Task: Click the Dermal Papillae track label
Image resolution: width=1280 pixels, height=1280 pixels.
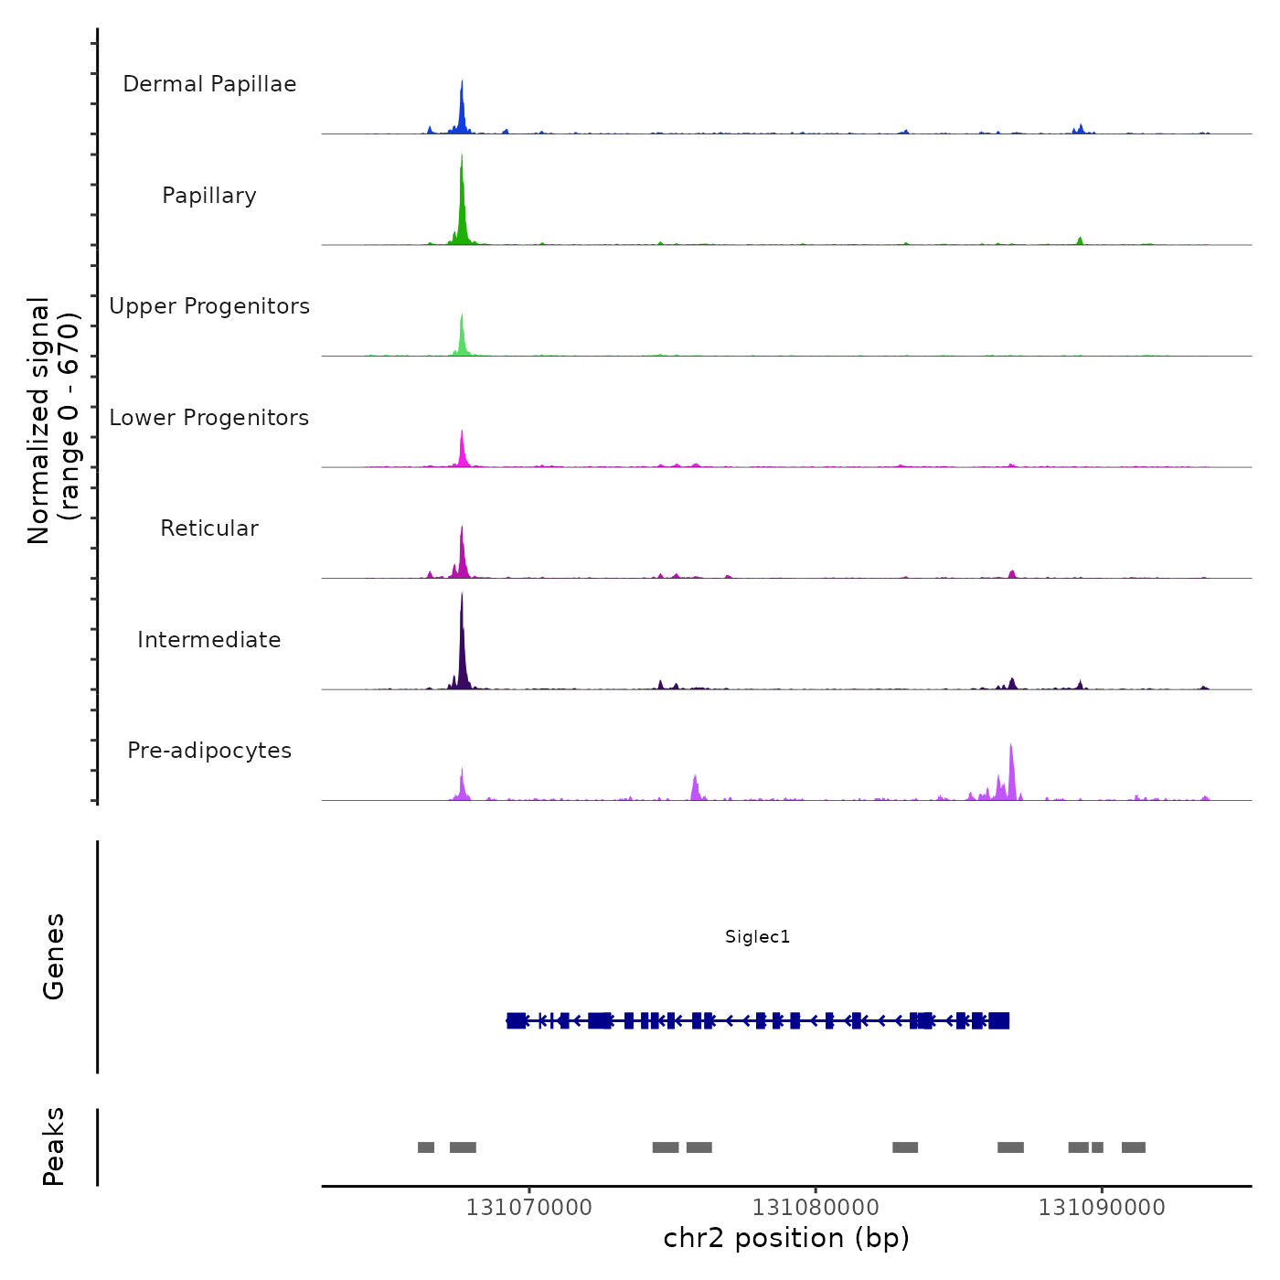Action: tap(209, 84)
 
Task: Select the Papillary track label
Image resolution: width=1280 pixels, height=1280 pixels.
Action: tap(209, 196)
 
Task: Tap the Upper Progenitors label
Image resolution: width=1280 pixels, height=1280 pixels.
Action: tap(209, 306)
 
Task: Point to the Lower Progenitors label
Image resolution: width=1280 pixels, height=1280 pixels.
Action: tap(209, 418)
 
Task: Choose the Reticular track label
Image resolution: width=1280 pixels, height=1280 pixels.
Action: tap(209, 528)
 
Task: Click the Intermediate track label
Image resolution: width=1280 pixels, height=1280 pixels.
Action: tap(209, 640)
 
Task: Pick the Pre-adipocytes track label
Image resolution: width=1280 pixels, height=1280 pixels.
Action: tap(209, 751)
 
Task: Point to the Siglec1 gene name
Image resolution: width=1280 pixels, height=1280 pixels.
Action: tap(757, 936)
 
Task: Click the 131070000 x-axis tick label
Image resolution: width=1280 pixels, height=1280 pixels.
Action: tap(528, 1208)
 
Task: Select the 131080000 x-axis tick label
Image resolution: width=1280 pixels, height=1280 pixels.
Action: tap(816, 1208)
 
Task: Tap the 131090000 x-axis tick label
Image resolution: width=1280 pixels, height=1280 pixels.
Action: tap(1102, 1208)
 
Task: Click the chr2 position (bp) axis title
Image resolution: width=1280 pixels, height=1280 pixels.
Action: tap(786, 1238)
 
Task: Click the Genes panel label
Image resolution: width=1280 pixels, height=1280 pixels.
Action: tap(54, 956)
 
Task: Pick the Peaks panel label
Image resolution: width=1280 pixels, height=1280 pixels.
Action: tap(54, 1147)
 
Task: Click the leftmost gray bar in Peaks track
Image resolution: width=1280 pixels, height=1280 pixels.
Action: tap(426, 1147)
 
